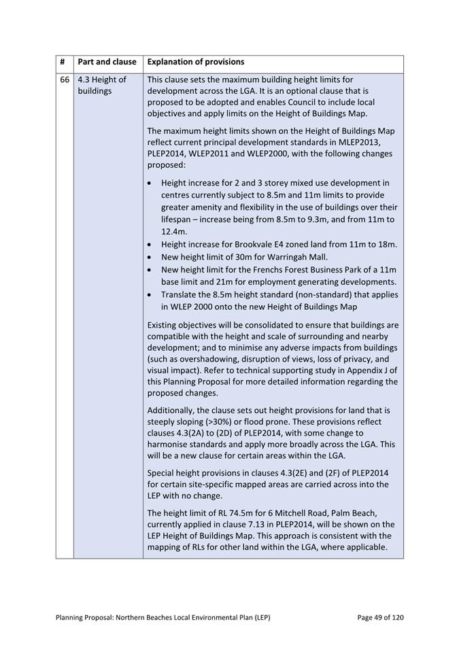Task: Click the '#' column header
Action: pyautogui.click(x=63, y=62)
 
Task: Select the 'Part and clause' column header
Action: pyautogui.click(x=107, y=62)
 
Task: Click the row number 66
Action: pyautogui.click(x=64, y=80)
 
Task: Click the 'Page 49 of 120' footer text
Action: pyautogui.click(x=380, y=617)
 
